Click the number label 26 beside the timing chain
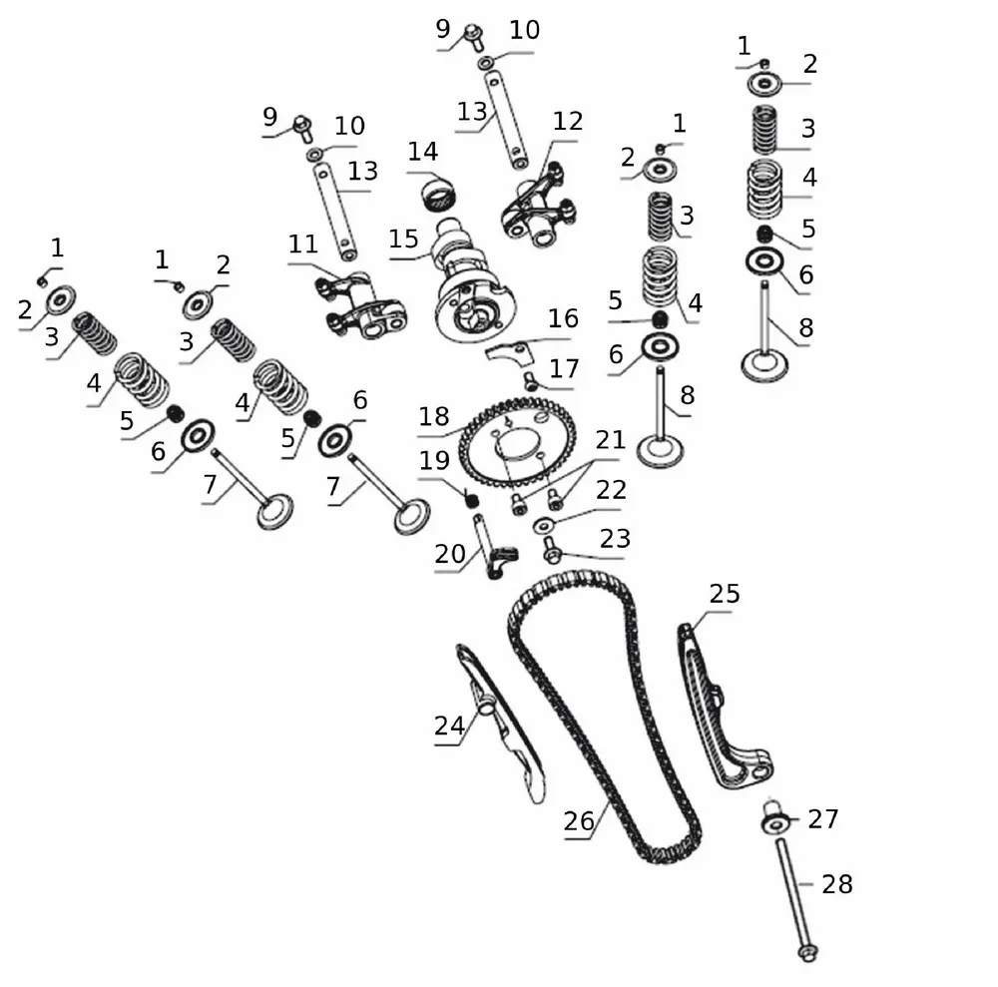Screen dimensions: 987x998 point(579,821)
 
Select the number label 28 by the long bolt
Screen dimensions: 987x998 point(837,883)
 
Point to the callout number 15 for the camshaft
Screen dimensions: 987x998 point(404,240)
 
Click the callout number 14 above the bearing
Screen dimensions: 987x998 point(423,152)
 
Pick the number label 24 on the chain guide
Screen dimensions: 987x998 point(449,726)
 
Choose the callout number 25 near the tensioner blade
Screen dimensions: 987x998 point(725,594)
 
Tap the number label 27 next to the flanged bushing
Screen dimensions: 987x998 point(823,819)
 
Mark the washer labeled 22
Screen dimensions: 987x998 point(543,525)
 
